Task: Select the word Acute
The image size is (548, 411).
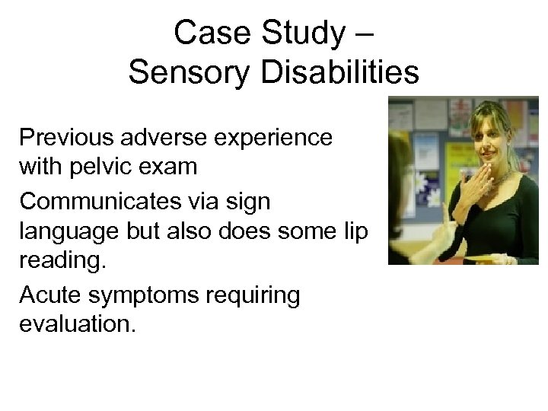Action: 48,295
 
